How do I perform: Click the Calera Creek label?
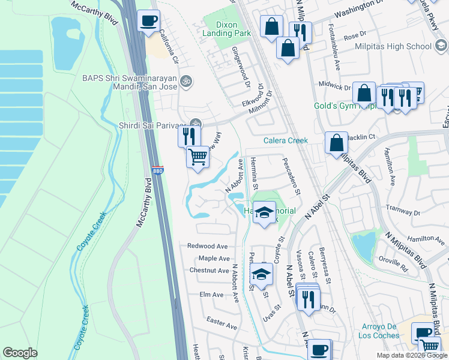pos(286,141)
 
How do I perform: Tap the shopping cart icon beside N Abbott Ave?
pos(197,158)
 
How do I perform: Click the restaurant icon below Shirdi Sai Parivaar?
pos(187,136)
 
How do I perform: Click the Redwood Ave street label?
pos(207,246)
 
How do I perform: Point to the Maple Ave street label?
pos(215,259)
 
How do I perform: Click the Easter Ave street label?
pos(221,325)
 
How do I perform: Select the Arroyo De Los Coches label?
pos(379,331)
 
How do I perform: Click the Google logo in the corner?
pos(20,353)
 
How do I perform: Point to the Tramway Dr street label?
pos(404,213)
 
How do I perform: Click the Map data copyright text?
pos(411,355)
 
